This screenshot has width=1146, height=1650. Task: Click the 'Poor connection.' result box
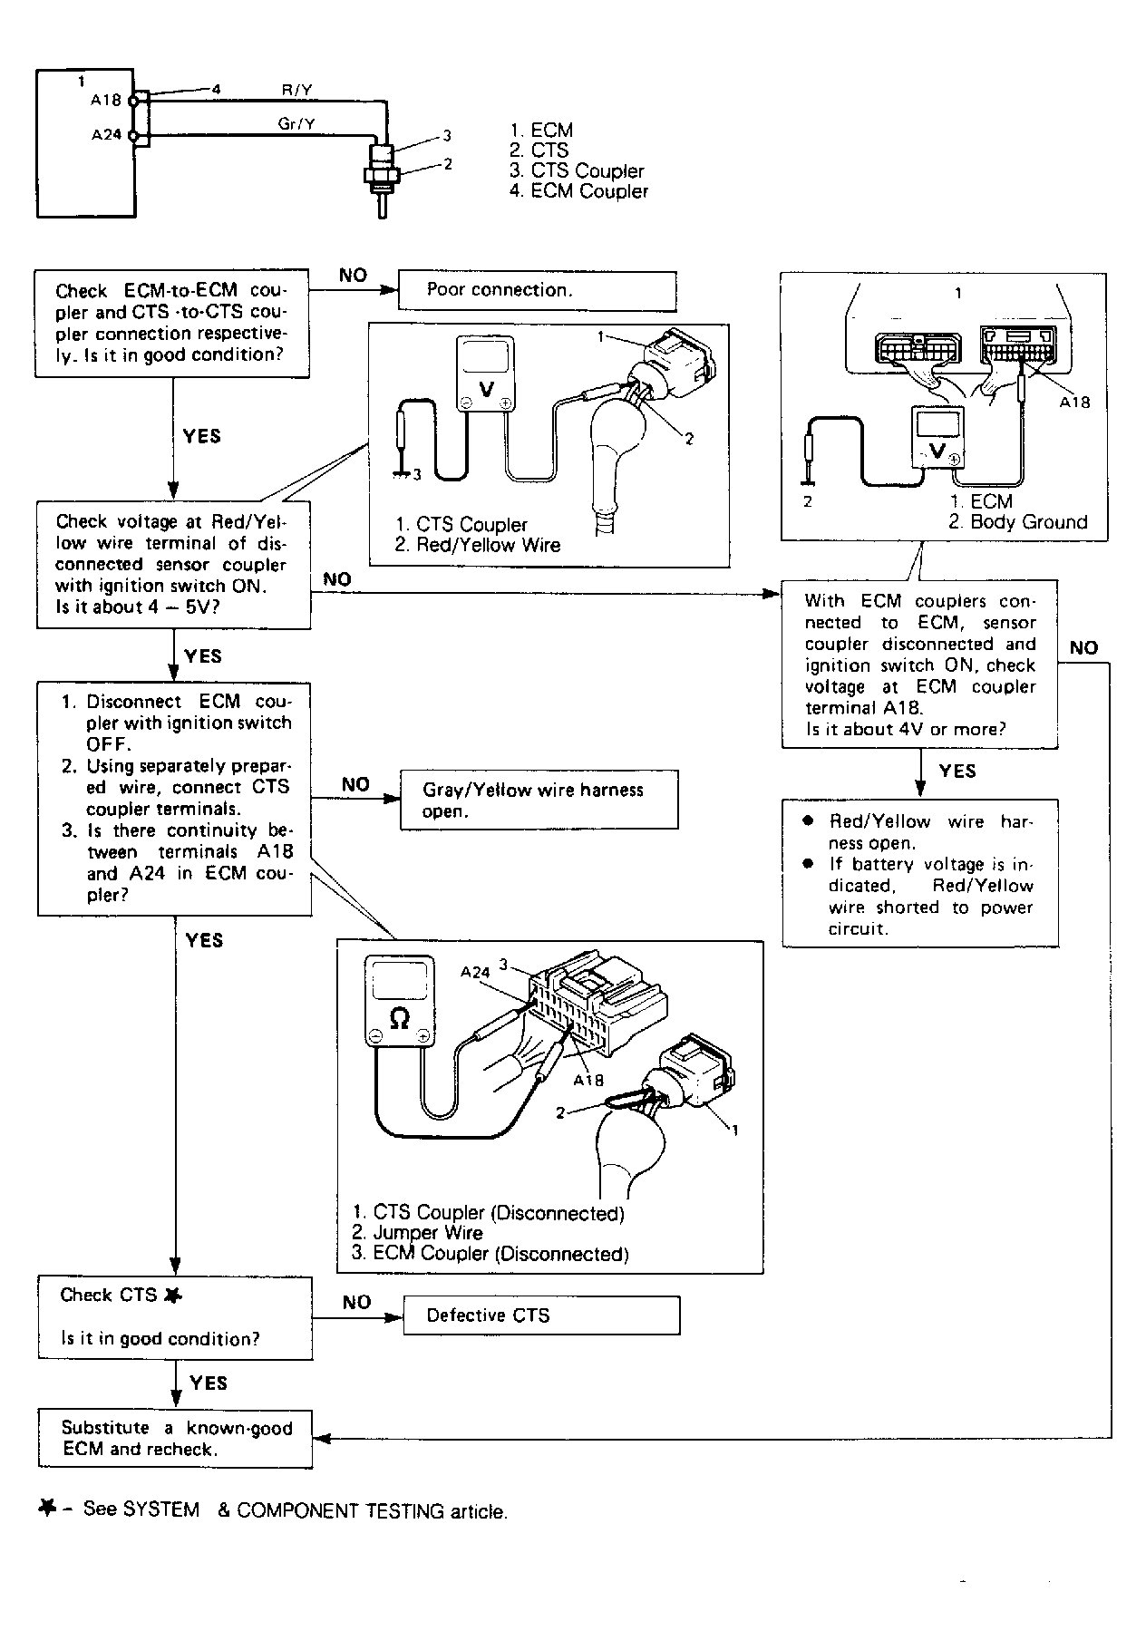[x=537, y=291]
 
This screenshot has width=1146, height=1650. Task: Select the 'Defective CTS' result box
[x=540, y=1315]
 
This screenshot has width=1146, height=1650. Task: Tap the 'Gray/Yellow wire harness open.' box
[x=539, y=800]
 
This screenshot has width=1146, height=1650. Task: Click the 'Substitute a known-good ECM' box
[x=175, y=1439]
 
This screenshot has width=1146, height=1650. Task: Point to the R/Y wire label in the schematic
[x=297, y=90]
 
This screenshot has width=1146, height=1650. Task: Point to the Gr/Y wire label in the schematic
[x=296, y=123]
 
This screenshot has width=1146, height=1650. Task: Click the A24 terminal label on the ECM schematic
[x=106, y=135]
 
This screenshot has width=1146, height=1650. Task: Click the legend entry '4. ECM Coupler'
[x=578, y=191]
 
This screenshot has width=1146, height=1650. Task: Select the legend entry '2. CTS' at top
[x=539, y=150]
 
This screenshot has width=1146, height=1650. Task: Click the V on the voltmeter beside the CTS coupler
[x=486, y=389]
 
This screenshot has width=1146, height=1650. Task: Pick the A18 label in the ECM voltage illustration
[x=1074, y=403]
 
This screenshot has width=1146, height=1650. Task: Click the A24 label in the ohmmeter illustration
[x=475, y=972]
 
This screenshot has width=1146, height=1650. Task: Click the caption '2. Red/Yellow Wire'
[x=478, y=546]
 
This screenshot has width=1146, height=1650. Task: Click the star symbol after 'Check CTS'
[x=172, y=1296]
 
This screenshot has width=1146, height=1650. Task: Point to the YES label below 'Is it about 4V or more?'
[x=957, y=772]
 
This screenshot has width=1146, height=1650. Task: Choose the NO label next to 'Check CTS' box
[x=356, y=1303]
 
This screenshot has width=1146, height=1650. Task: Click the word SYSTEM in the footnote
[x=160, y=1509]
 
